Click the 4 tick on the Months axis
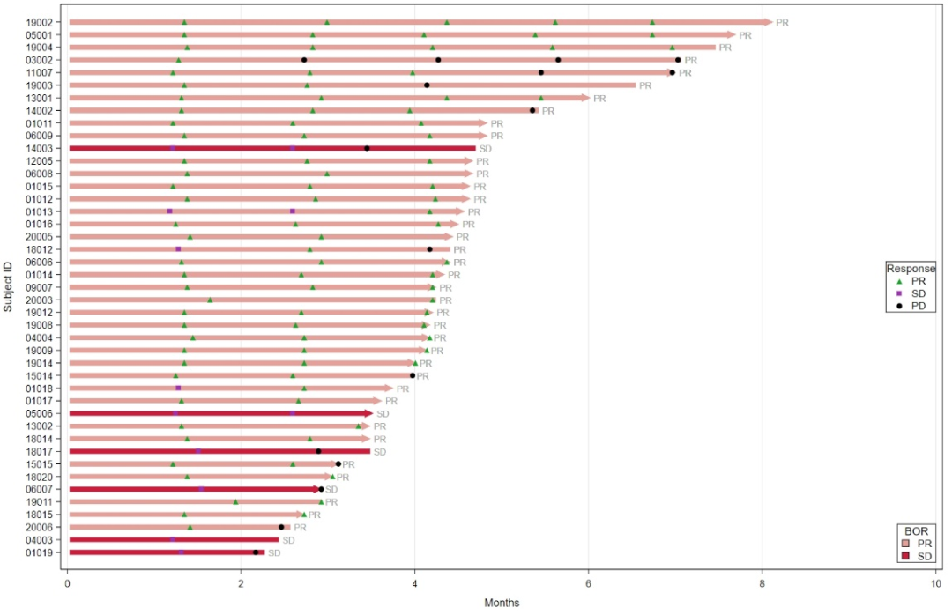[414, 582]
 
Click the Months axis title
[501, 603]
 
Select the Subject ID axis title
[8, 286]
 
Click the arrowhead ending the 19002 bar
[768, 22]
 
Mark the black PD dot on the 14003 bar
[367, 148]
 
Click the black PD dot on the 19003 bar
[427, 85]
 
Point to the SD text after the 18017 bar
[380, 451]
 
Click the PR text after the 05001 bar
[745, 35]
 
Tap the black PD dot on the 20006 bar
[281, 527]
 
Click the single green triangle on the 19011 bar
[235, 501]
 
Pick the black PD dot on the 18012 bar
[429, 249]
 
